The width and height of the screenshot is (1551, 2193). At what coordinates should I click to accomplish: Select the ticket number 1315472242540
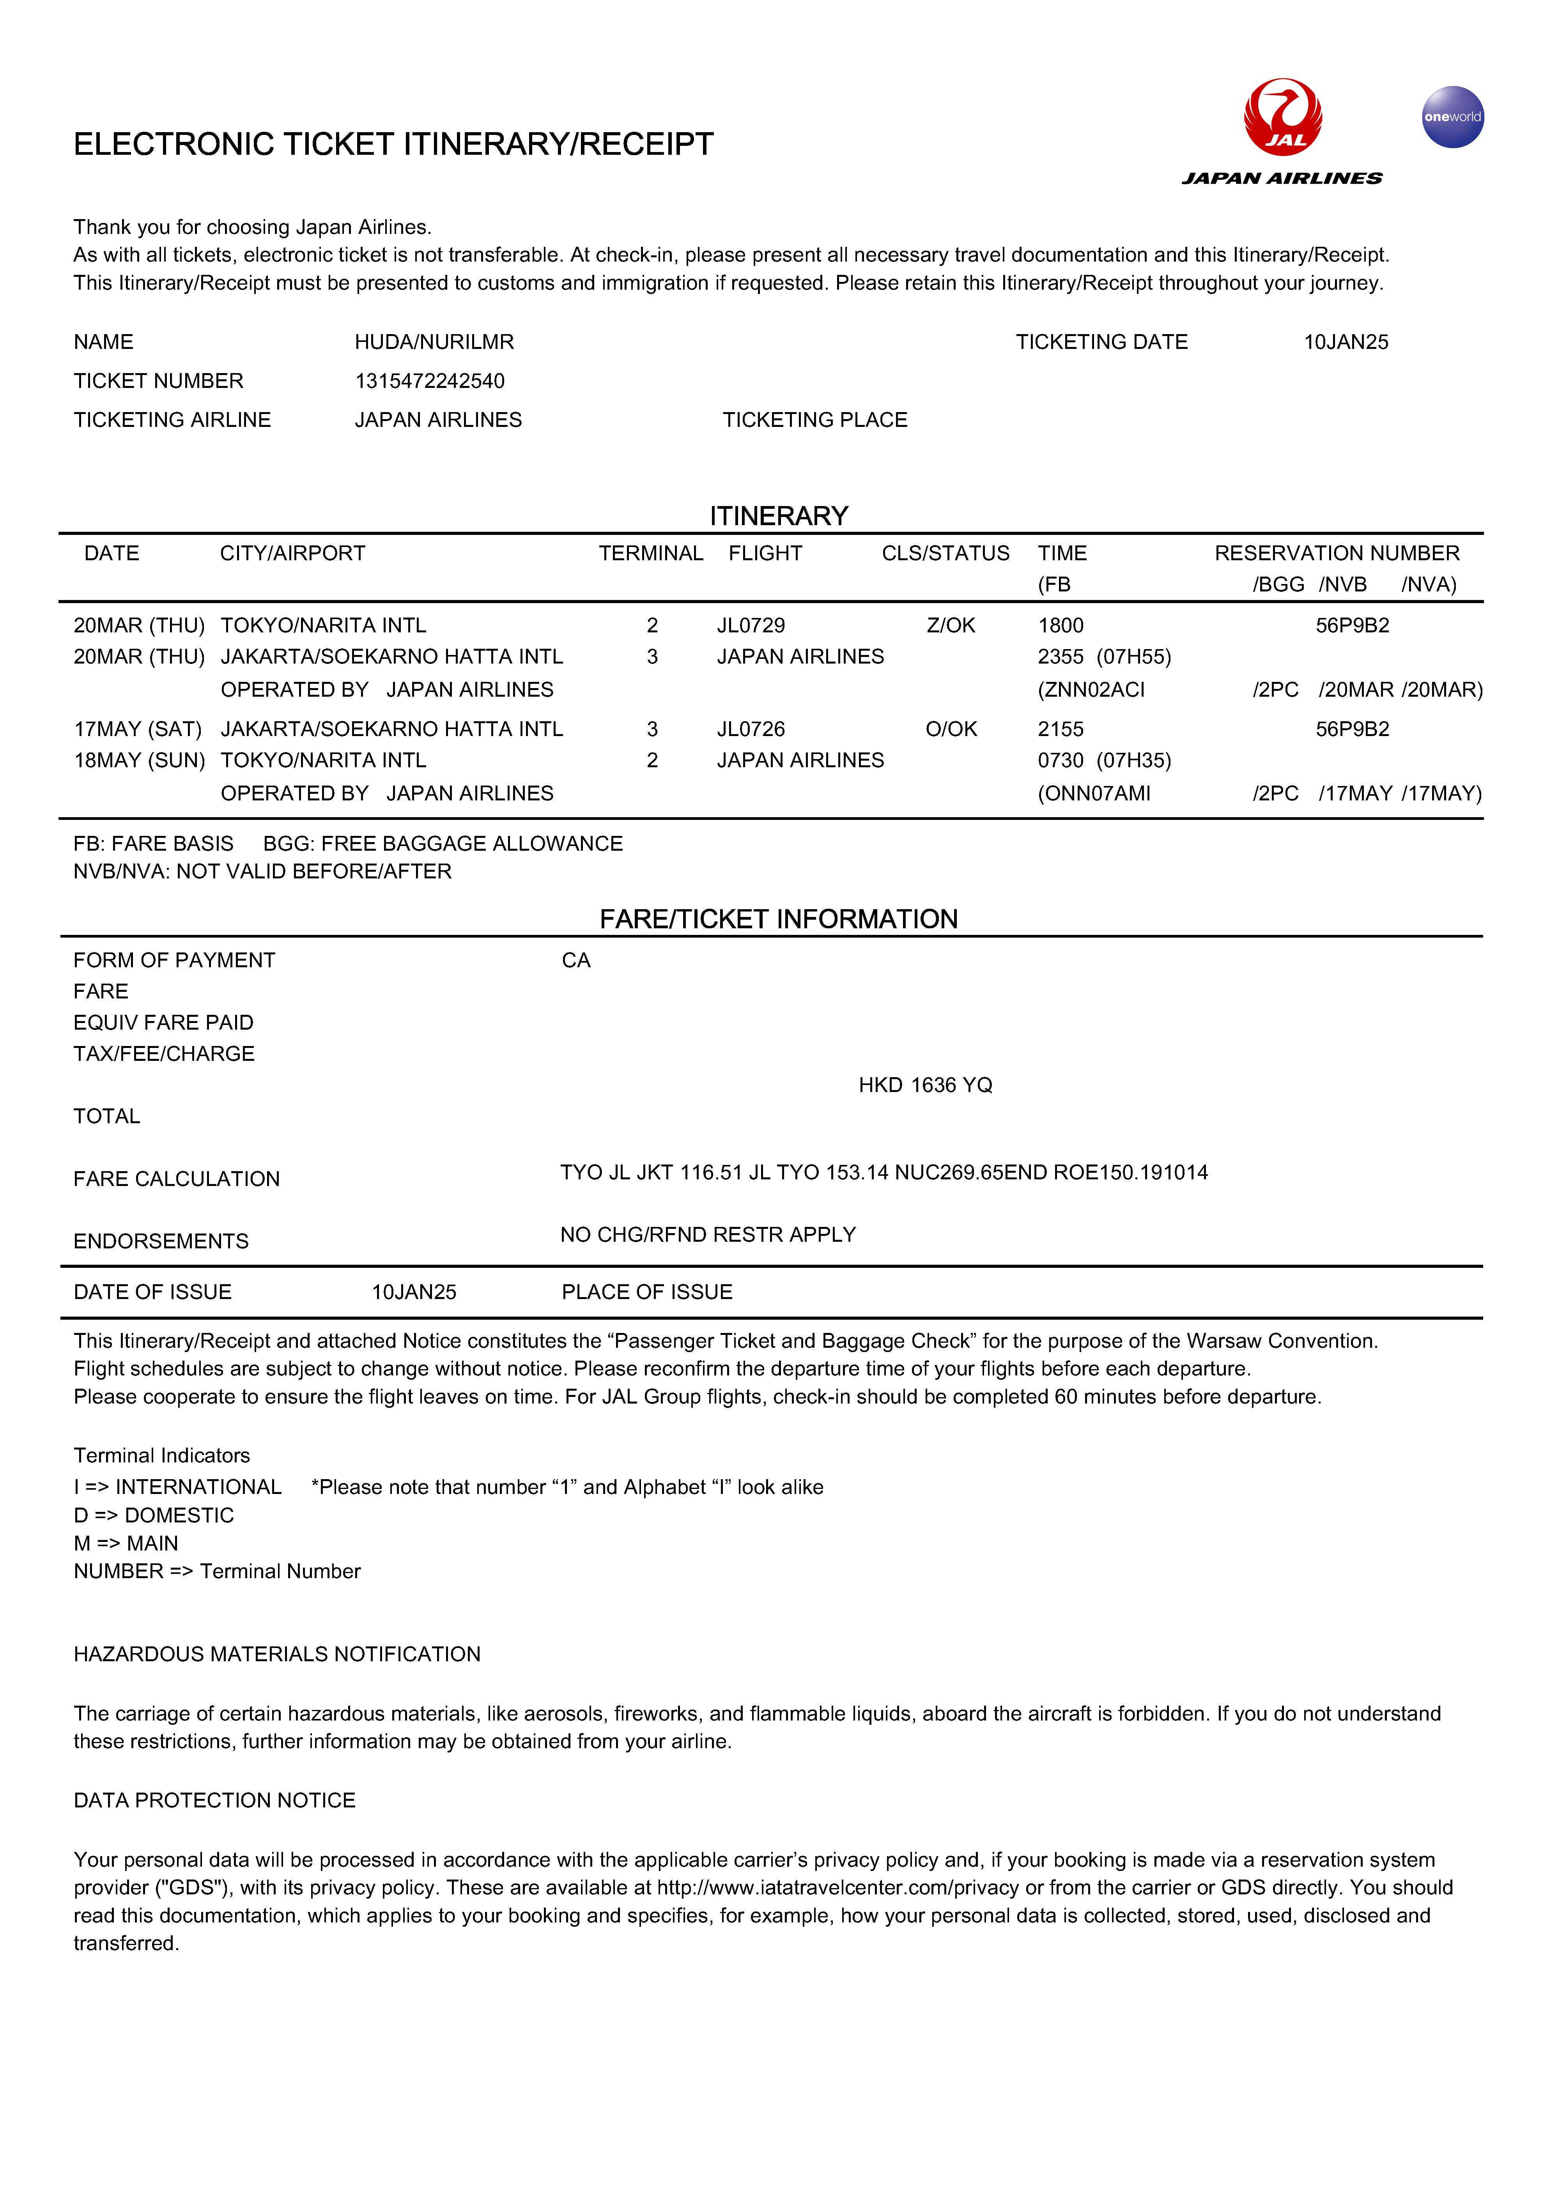[430, 381]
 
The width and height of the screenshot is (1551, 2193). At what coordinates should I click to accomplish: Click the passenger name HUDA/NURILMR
[435, 342]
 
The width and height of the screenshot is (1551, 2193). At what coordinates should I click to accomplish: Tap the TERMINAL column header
[650, 554]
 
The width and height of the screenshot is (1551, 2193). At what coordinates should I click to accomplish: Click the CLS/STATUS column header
[945, 554]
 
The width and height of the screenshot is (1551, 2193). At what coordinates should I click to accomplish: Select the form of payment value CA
[576, 961]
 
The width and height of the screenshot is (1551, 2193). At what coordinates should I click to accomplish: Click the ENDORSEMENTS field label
[161, 1242]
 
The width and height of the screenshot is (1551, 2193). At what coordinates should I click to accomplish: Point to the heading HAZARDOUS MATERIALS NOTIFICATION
[277, 1654]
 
